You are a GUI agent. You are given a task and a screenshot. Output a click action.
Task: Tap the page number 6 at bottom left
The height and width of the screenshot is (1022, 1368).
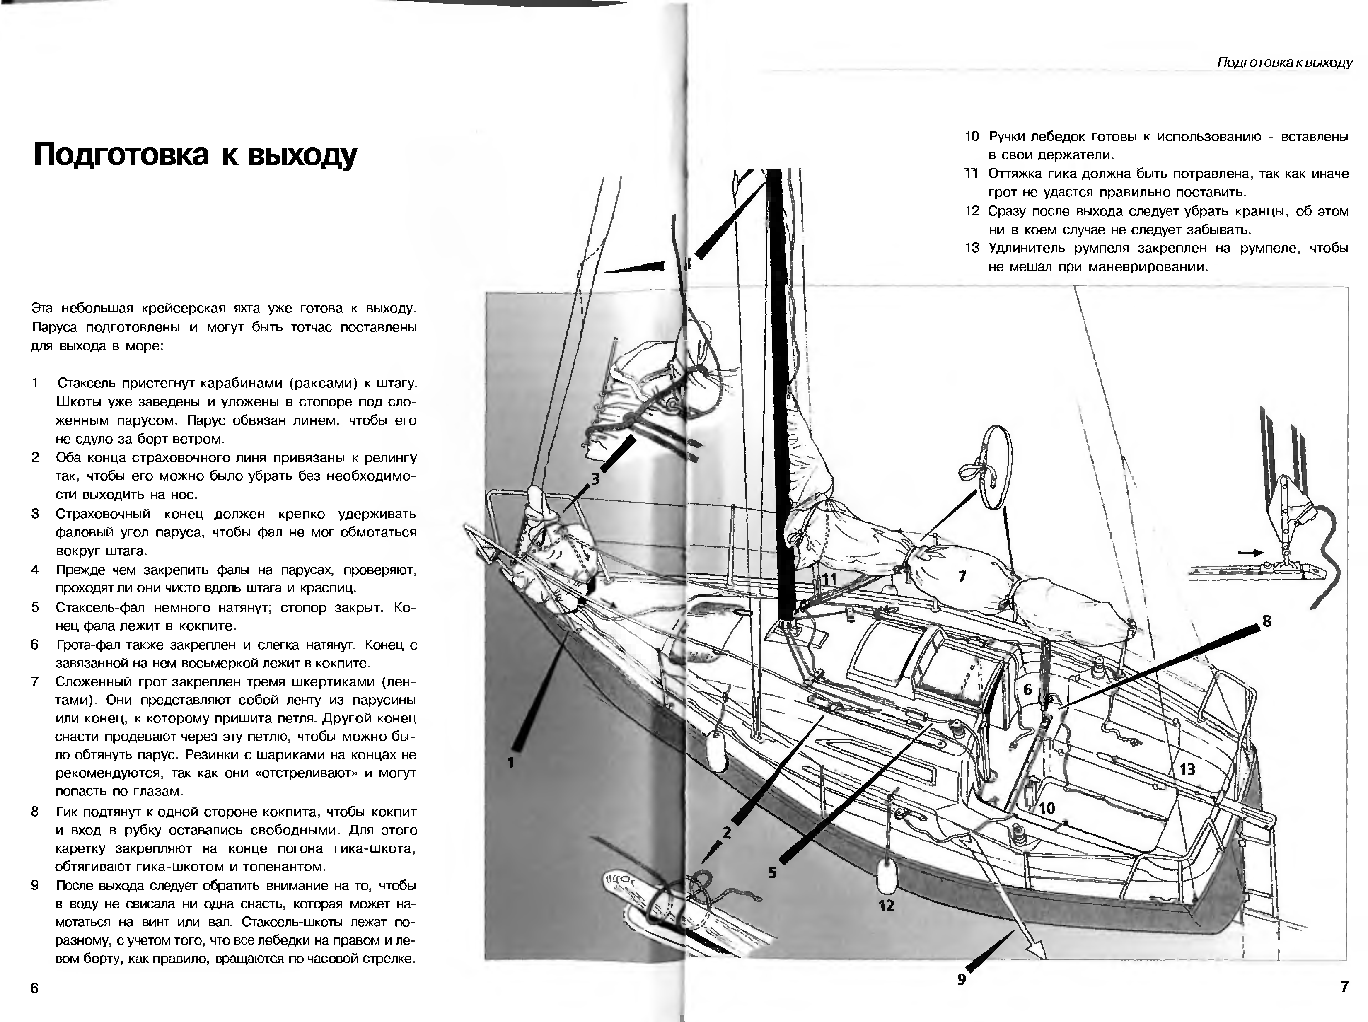35,988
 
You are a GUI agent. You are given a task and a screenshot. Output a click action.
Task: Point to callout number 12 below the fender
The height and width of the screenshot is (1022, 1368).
886,906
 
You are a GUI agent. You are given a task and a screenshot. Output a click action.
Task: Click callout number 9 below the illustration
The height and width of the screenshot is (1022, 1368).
961,979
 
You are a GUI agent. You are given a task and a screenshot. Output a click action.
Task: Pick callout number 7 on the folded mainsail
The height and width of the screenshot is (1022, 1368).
962,577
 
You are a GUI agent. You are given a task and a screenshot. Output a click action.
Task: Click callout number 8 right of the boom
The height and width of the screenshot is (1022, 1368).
1266,621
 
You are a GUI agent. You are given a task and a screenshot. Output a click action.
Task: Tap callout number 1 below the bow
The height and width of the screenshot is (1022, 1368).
511,763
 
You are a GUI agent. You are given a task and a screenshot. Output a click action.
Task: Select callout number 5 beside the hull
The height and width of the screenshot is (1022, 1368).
772,872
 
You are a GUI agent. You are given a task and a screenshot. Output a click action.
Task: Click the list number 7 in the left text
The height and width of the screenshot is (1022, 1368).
35,681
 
